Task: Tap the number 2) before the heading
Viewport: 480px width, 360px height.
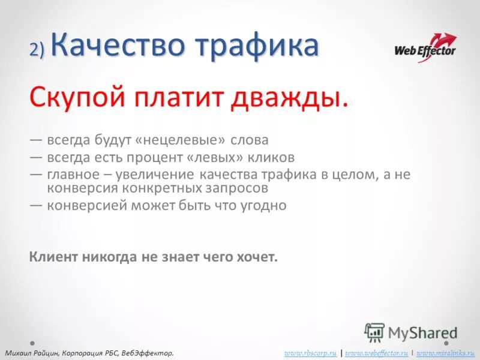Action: (37, 50)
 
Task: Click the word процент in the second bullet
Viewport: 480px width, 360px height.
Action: (162, 158)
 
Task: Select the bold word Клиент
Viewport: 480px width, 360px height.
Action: (53, 257)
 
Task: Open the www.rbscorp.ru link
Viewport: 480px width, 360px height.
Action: (310, 353)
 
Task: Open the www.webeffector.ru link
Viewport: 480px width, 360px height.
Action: (376, 353)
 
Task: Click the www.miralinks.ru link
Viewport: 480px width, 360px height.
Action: (445, 353)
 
